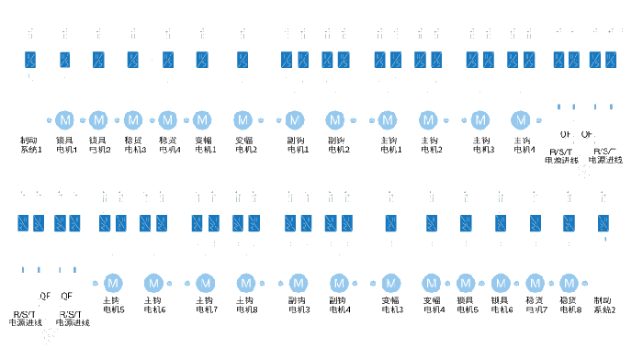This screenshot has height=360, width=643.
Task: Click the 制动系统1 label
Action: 31,144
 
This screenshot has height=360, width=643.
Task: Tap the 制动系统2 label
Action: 604,305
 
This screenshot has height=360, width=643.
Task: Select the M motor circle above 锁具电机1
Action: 65,119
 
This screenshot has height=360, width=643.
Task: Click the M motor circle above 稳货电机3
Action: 133,119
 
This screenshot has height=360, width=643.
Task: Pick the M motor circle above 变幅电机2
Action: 243,119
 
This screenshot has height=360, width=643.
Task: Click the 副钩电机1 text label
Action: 294,144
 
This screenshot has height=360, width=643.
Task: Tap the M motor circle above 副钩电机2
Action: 335,119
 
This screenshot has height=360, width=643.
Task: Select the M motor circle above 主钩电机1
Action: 387,119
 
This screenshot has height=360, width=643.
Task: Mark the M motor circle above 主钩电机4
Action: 521,119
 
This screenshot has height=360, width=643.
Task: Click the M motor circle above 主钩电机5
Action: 113,282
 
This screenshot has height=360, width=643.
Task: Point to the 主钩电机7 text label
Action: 206,305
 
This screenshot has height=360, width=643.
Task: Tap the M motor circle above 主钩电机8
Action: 245,282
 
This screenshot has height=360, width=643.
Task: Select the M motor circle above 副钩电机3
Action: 298,282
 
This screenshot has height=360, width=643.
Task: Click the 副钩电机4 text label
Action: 337,305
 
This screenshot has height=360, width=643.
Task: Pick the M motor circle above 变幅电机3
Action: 390,282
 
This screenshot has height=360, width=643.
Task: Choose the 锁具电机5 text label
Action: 468,305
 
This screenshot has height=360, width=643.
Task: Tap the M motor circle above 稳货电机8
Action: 569,282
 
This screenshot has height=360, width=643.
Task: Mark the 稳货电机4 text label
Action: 170,144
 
